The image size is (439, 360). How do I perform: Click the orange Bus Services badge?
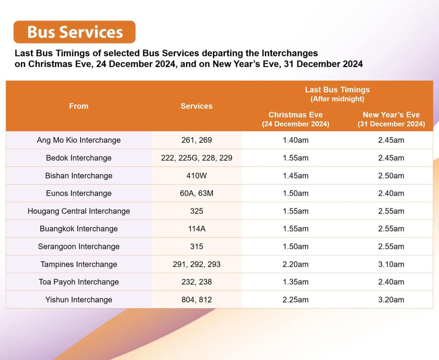pos(75,32)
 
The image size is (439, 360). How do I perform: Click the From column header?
pos(78,106)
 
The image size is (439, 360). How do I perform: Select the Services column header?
pos(196,106)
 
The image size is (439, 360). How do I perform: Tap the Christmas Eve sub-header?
pos(295,119)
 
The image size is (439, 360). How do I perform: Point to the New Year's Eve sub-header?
pos(391,119)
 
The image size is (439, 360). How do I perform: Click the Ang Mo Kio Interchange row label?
pos(78,140)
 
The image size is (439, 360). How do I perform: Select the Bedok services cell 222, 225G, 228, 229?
pos(196,158)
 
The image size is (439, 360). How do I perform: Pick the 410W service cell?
pos(196,176)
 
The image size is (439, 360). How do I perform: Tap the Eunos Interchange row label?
pos(78,193)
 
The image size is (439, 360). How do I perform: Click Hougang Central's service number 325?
pos(196,211)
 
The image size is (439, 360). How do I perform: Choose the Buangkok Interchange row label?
pos(78,229)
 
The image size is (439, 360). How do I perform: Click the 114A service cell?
pos(196,229)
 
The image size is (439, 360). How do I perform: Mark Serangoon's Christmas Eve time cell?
pos(295,246)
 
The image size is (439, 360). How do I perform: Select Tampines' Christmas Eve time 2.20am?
pos(295,264)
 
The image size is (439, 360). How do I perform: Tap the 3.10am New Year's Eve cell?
pos(391,264)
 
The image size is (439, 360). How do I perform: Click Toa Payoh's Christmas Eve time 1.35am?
pos(295,282)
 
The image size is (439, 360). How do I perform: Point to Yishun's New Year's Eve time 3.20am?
pos(391,300)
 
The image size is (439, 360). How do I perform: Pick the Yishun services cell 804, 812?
pos(196,300)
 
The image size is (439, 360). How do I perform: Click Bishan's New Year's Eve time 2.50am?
pos(391,176)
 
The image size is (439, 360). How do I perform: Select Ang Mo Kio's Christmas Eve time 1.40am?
pos(295,140)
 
